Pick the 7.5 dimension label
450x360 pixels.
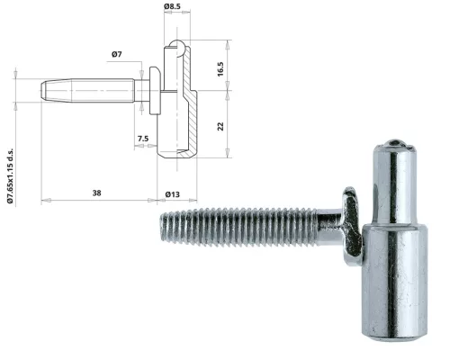pos(143,138)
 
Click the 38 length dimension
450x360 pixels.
pos(95,192)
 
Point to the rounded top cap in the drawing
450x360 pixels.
pos(178,46)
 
